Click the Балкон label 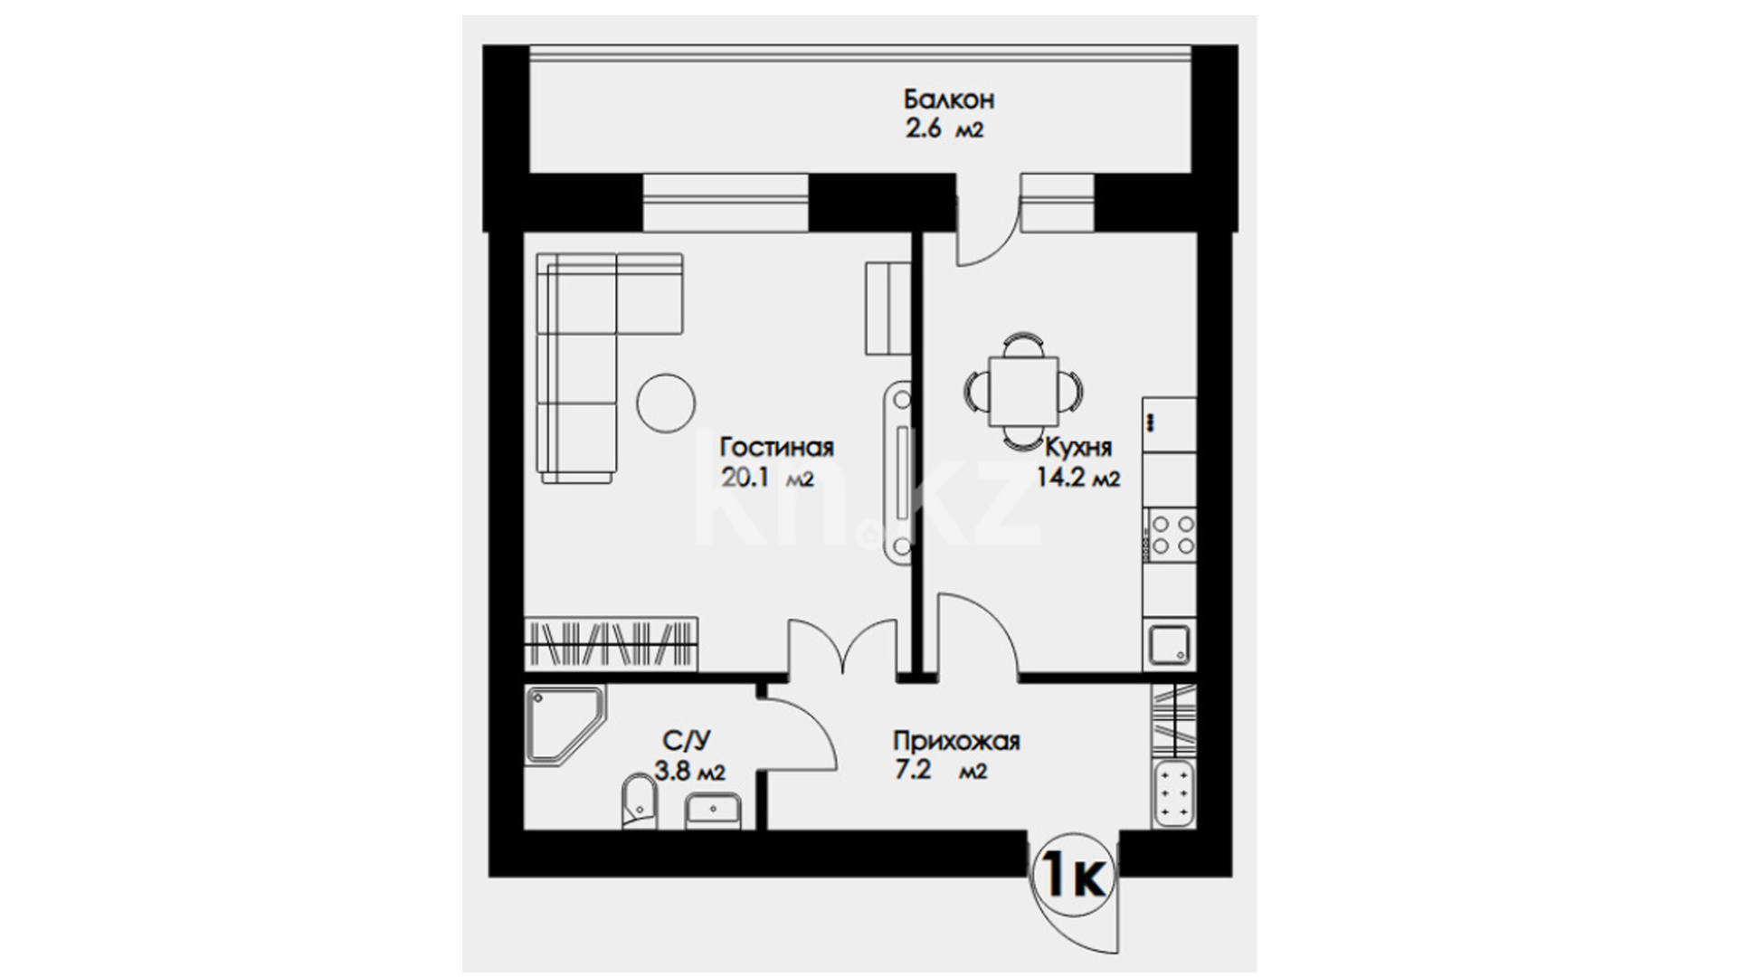(x=949, y=99)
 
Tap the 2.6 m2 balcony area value (x=944, y=129)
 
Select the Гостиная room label (x=777, y=447)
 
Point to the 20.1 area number (x=745, y=478)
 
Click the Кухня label (x=1078, y=448)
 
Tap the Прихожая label (x=956, y=742)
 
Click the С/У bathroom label (x=687, y=741)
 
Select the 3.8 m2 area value (x=689, y=772)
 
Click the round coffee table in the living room (x=666, y=403)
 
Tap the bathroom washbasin (x=713, y=811)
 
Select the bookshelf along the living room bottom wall (x=611, y=644)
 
